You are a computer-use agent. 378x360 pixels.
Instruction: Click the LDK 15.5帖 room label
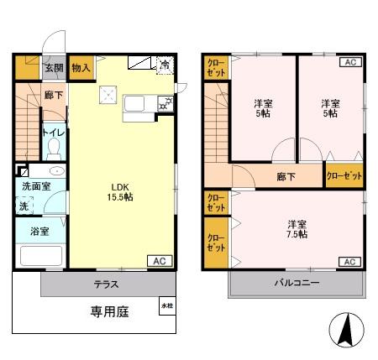120,192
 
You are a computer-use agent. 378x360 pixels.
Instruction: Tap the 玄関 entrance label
54,68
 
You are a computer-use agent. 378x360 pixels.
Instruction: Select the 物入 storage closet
81,68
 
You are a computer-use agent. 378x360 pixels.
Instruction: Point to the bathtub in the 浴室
41,256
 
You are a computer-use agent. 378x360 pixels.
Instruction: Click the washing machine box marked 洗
24,206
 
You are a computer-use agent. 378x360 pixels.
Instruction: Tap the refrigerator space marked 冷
165,65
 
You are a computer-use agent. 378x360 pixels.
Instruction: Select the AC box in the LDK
160,261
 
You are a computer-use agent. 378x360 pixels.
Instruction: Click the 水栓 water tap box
167,305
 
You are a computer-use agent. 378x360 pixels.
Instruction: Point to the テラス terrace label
106,284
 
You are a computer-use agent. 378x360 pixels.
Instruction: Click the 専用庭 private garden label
109,311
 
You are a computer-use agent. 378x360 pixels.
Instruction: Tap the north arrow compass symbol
347,330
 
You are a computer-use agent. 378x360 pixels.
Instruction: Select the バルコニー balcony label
297,283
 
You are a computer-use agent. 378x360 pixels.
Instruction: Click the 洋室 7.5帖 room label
297,229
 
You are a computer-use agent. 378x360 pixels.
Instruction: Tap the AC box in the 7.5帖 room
350,262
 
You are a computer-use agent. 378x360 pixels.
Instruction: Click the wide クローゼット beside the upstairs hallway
344,175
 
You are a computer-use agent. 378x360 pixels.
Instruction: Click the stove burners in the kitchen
165,104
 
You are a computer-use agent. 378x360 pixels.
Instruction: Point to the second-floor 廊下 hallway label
286,177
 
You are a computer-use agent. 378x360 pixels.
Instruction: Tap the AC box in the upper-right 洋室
350,62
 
